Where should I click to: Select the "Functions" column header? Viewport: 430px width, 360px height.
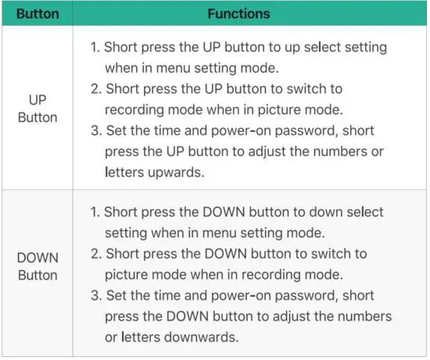(x=238, y=13)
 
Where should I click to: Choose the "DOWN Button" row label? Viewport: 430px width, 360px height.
(x=38, y=266)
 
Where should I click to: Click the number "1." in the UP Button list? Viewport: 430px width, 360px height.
(x=96, y=48)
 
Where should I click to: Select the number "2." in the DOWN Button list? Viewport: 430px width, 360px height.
(x=96, y=255)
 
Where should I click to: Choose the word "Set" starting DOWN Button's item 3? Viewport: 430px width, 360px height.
(x=114, y=296)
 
